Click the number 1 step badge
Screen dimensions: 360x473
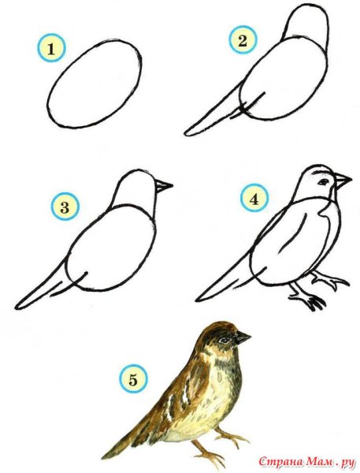coord(51,48)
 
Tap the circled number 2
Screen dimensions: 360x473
coord(243,40)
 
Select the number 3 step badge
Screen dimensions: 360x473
coord(65,207)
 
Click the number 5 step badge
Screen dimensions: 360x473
coord(133,378)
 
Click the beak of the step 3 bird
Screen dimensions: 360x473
coord(164,185)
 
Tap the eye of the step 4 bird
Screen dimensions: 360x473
coord(324,182)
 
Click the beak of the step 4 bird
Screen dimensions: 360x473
coord(343,181)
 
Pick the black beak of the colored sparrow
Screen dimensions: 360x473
coord(242,337)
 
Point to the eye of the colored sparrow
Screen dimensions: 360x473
coord(225,341)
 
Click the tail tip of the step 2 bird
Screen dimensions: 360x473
coord(187,132)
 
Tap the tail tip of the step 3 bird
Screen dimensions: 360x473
coord(17,306)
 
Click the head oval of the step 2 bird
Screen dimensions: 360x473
coord(305,26)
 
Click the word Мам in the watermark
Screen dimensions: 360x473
coord(318,461)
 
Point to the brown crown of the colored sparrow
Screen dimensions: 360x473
coord(218,327)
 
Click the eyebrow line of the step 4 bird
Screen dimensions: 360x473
coord(319,173)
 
